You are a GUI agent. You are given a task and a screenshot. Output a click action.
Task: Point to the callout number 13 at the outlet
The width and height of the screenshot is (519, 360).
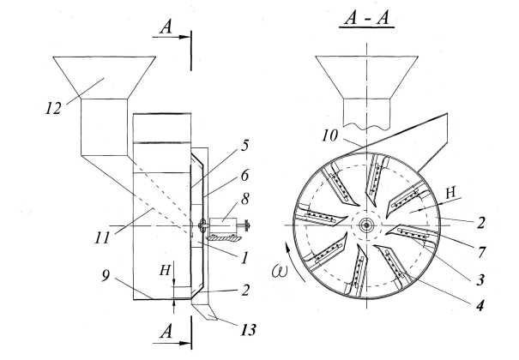pyautogui.click(x=226, y=329)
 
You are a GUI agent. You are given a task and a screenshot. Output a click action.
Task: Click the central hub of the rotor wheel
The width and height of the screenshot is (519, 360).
pyautogui.click(x=367, y=225)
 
